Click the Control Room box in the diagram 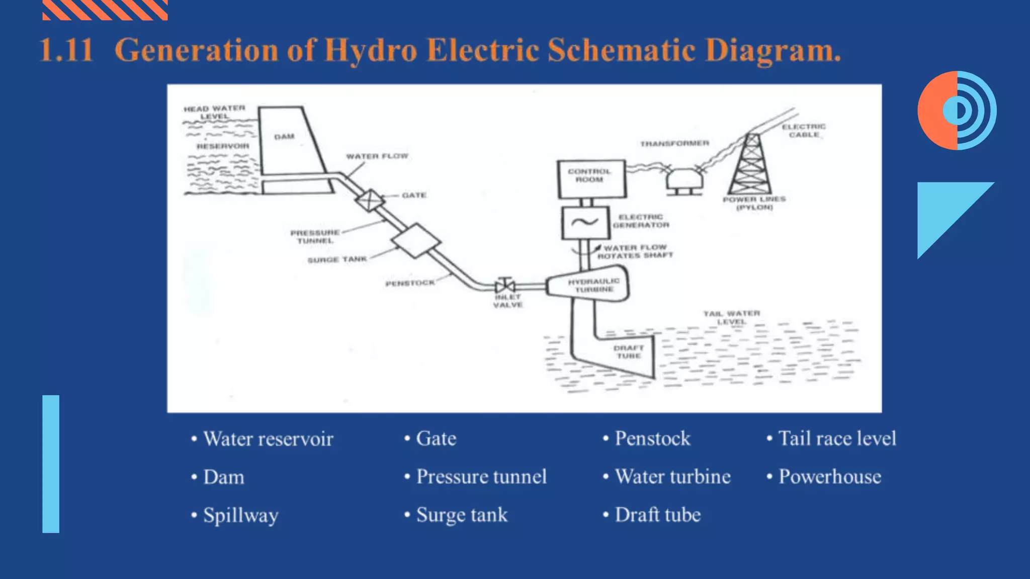(591, 179)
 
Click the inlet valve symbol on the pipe (504, 286)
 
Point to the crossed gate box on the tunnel (370, 200)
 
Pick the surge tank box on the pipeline (416, 241)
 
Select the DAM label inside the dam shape (284, 137)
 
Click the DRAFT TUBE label (629, 352)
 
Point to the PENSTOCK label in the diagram (410, 283)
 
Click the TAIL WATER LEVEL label (731, 318)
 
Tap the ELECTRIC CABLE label (804, 131)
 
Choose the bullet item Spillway (240, 515)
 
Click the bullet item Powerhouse (829, 476)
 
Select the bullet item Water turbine (672, 476)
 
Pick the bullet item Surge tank (462, 515)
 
